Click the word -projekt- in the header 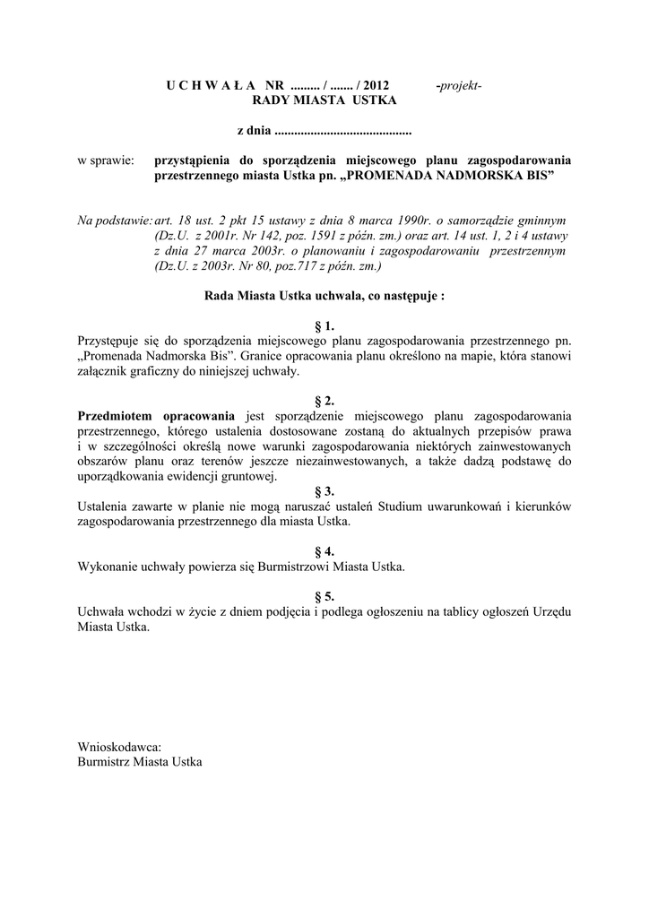click(458, 86)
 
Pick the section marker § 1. click(324, 326)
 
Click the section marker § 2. click(324, 401)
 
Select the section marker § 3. click(324, 491)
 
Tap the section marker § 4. click(324, 551)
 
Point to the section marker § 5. click(324, 596)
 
